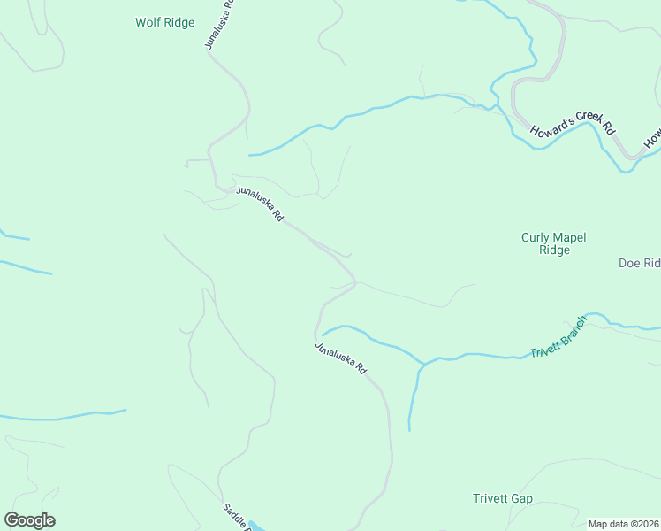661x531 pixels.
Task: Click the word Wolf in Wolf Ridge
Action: (x=148, y=23)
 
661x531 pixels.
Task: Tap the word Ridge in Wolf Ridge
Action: (x=179, y=23)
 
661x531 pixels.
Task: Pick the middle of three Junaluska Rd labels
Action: (x=260, y=204)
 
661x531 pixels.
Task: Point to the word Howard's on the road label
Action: (x=551, y=126)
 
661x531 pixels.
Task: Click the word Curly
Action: (x=535, y=237)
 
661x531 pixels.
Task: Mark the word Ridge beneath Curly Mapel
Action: (x=554, y=250)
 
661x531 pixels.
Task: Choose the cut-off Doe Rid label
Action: (x=639, y=263)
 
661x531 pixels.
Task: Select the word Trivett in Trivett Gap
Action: (x=489, y=499)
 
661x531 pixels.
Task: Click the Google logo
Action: (x=29, y=520)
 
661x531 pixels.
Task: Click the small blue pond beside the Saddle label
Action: (x=255, y=525)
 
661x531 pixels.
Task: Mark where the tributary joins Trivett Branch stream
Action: (x=422, y=363)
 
